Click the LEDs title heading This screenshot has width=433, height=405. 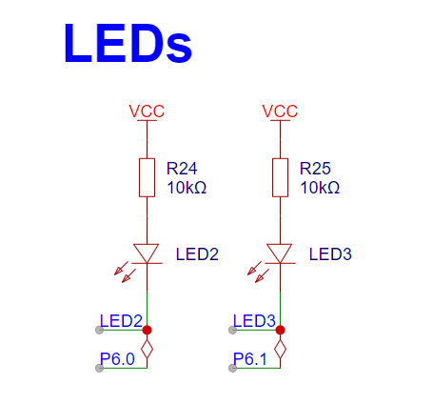[x=128, y=43]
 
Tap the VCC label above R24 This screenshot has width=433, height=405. [x=147, y=111]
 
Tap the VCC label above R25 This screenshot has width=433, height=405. [x=280, y=111]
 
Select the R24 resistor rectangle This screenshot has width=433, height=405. [x=147, y=177]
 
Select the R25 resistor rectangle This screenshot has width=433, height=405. [x=280, y=177]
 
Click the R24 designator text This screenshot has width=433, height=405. [x=182, y=169]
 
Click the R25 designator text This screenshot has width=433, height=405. [x=315, y=169]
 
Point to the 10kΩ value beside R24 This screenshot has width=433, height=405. [x=187, y=188]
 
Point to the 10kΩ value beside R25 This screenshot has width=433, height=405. [x=320, y=188]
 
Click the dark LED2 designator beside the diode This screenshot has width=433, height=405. [x=197, y=254]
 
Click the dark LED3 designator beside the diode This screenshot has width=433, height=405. [x=330, y=254]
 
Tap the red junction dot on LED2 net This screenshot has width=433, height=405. [x=147, y=330]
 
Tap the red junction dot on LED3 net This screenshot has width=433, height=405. [x=280, y=330]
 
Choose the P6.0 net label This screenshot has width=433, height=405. [x=117, y=359]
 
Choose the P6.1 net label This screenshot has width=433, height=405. [x=250, y=359]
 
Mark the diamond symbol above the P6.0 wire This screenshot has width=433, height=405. [x=147, y=349]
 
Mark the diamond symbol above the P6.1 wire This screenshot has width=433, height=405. [x=280, y=349]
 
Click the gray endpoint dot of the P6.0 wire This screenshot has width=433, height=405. [x=99, y=368]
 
